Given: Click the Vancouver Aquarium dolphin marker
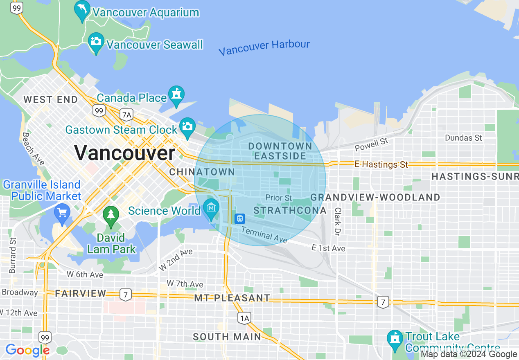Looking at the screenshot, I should coord(82,10).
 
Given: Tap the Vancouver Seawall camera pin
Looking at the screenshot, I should coord(96,42).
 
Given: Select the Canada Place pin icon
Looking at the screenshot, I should coord(176,95).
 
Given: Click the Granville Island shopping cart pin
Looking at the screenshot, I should coord(62,214).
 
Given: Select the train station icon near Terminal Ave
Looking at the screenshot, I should coord(240,218).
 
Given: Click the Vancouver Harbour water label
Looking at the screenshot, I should coord(264,47).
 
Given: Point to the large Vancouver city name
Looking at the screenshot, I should coord(125,153).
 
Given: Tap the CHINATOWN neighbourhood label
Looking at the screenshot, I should coord(202,172).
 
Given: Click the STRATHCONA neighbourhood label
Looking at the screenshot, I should coord(290,211).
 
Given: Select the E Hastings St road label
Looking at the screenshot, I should coord(381,164).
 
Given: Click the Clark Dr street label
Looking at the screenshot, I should coord(338,221).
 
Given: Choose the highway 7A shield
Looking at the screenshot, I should coord(126,115).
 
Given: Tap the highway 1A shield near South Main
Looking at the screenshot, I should coord(244,317).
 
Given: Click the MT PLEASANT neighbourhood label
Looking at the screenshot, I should coord(232,298).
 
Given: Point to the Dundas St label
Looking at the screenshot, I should coord(463,138).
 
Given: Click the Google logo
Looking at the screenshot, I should coord(27,350).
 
